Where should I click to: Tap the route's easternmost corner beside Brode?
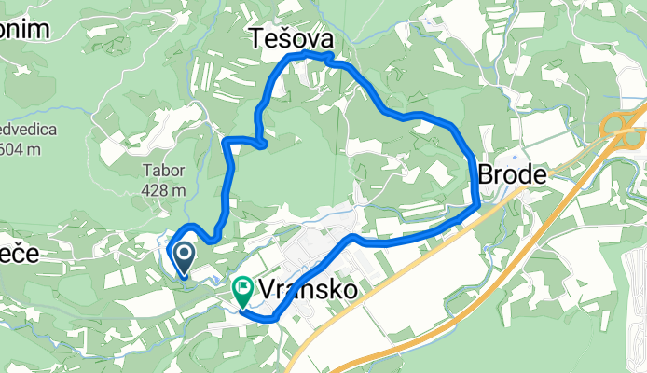pos(476,200)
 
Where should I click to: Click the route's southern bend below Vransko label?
pos(273,318)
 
